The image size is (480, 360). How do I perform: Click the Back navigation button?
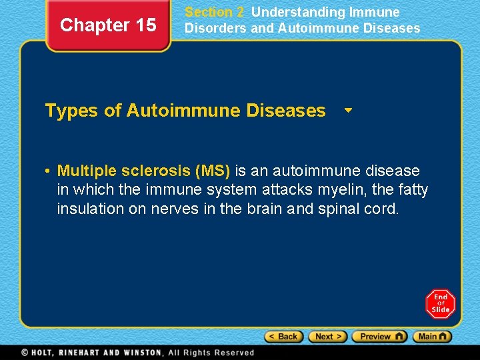pyautogui.click(x=284, y=337)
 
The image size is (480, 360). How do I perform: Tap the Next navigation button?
pyautogui.click(x=328, y=337)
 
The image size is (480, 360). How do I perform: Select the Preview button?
pyautogui.click(x=379, y=337)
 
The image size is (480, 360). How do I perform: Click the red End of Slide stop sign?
pyautogui.click(x=441, y=304)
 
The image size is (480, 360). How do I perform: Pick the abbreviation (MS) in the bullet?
pyautogui.click(x=212, y=171)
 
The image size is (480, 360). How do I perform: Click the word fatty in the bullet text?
pyautogui.click(x=411, y=190)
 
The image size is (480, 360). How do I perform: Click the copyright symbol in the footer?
pyautogui.click(x=25, y=353)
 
